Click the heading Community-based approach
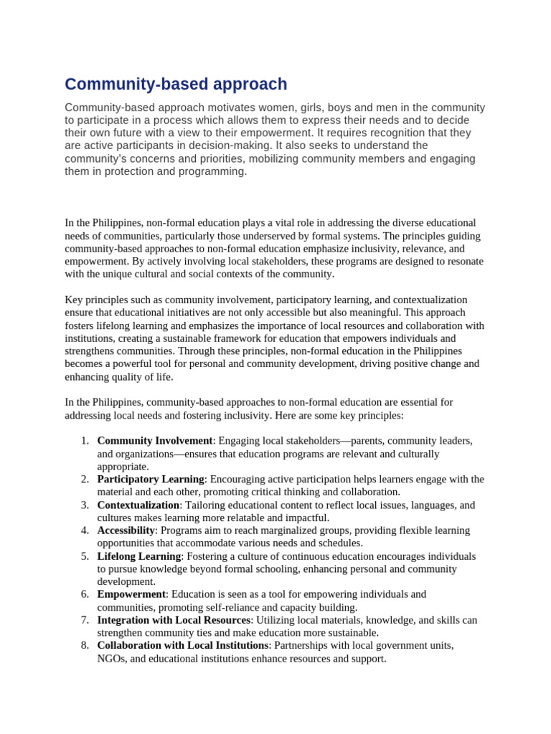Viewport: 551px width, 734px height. coord(176,85)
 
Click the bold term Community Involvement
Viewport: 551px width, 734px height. coord(155,441)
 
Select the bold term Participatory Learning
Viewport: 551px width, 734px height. coord(151,479)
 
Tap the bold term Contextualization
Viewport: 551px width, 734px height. coord(138,505)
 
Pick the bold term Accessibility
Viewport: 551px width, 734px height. coord(126,530)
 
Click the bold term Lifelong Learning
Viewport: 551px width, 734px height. coord(139,556)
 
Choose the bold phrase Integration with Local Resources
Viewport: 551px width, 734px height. coord(174,620)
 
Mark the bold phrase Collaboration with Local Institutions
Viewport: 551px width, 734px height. coord(182,645)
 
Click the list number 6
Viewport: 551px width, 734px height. coord(85,594)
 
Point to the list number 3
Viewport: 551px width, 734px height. coord(85,505)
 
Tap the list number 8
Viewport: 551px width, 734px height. coord(85,645)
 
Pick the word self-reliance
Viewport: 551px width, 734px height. coord(257,607)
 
